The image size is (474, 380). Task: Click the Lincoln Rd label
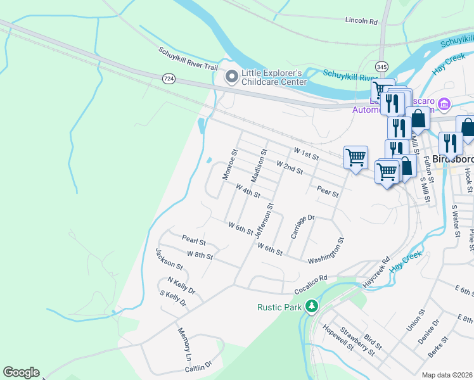pos(361,21)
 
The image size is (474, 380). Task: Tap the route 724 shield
pos(169,79)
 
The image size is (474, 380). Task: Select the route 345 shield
pos(381,66)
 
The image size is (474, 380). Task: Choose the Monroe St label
pos(229,165)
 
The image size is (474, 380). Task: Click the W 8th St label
pos(200,256)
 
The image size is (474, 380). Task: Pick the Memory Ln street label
pos(184,344)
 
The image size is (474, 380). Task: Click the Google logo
pos(21,372)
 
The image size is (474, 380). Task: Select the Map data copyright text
pos(447,375)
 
